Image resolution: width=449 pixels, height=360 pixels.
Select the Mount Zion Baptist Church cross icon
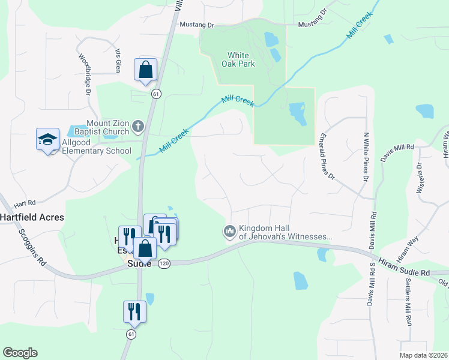pyautogui.click(x=138, y=127)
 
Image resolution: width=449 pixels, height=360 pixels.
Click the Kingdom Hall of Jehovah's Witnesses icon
pyautogui.click(x=230, y=232)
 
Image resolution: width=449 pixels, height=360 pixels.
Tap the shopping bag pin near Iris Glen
pyautogui.click(x=146, y=70)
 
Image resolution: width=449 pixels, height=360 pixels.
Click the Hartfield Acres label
pyautogui.click(x=32, y=217)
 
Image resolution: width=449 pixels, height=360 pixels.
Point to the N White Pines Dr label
pyautogui.click(x=366, y=157)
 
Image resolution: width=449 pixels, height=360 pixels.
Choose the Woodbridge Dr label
pyautogui.click(x=84, y=75)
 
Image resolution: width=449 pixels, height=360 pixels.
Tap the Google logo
pyautogui.click(x=20, y=353)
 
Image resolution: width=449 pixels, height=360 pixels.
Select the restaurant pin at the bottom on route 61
pyautogui.click(x=134, y=311)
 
